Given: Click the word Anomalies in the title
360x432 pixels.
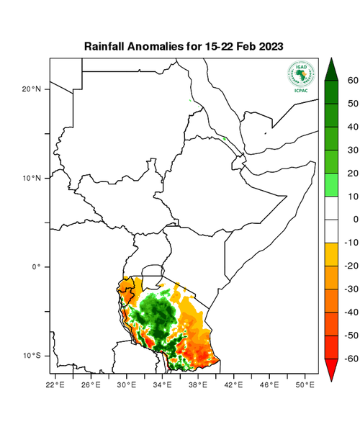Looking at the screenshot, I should click(158, 46).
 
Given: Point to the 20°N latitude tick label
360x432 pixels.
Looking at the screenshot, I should click(31, 89).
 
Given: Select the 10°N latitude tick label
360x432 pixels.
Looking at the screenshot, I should click(31, 178).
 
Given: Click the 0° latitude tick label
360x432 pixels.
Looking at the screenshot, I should click(35, 267).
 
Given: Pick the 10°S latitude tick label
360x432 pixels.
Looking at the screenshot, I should click(31, 356).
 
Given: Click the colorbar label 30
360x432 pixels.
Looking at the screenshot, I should click(353, 150).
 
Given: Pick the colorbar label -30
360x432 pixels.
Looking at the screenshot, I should click(351, 289).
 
